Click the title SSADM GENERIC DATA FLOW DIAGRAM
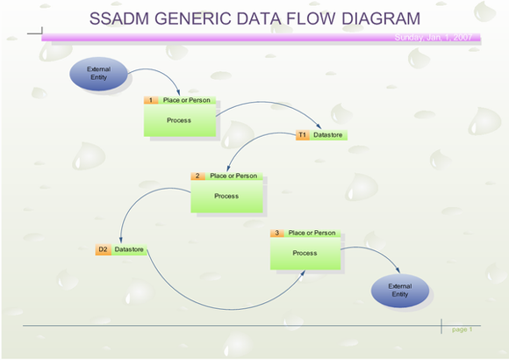tap(254, 18)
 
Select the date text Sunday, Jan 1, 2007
tap(434, 38)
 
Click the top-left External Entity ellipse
tap(98, 74)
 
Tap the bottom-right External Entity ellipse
tap(400, 290)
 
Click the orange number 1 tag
tap(152, 100)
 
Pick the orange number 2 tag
tap(199, 176)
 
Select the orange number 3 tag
tap(277, 233)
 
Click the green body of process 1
tap(179, 121)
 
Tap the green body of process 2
tap(226, 197)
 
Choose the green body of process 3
tap(305, 254)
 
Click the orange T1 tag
tap(302, 135)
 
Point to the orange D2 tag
tap(103, 249)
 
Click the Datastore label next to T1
tap(328, 135)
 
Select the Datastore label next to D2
tap(129, 249)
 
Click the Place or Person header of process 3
tap(312, 233)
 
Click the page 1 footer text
tap(462, 329)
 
